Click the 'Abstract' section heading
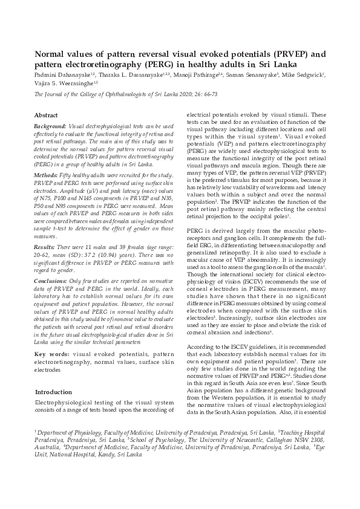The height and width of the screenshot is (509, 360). (x=46, y=114)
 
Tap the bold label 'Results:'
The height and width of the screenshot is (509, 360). (x=46, y=248)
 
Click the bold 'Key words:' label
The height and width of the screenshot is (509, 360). (x=52, y=352)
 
